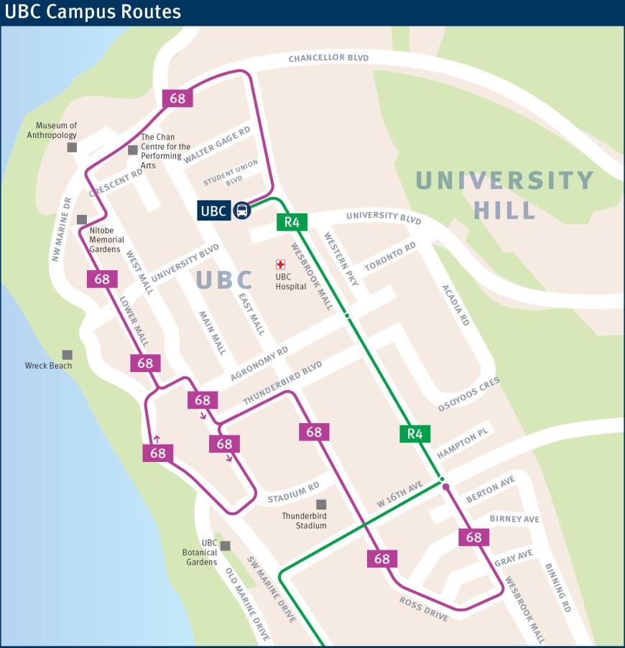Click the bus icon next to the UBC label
coord(243,211)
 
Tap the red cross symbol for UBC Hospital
coord(280,264)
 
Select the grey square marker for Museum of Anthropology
coord(72,147)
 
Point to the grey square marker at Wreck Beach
coord(67,355)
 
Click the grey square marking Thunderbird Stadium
coord(321,504)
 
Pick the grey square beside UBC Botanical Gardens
coord(226,546)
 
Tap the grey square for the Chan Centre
coord(132,149)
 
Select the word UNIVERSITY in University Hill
coord(504,180)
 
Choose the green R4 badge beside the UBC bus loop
coord(292,222)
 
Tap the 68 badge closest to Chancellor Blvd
coord(177,98)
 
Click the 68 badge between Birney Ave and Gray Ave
coord(473,537)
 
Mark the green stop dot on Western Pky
coord(346,315)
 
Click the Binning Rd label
coord(557,587)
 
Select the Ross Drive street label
coord(424,608)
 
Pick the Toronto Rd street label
coord(390,257)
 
